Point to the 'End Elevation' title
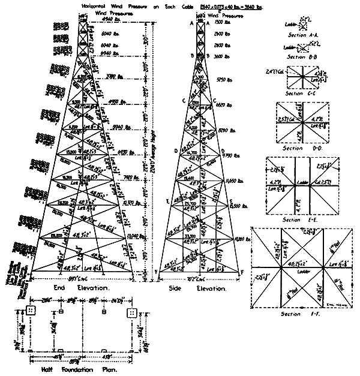tap(86, 288)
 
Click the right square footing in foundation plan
tap(131, 313)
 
